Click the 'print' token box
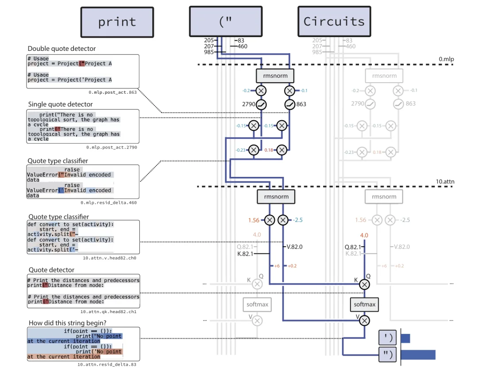tap(117, 22)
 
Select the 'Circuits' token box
tap(334, 22)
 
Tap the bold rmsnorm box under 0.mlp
tap(275, 76)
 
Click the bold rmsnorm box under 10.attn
tap(276, 197)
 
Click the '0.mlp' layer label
tap(446, 59)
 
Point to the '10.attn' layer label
tap(445, 181)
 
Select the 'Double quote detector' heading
tap(62, 49)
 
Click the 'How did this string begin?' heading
tap(67, 323)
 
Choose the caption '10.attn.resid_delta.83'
tap(107, 364)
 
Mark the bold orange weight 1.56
tap(254, 220)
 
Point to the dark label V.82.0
tap(295, 247)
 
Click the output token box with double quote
tap(387, 354)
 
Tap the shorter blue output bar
tap(405, 338)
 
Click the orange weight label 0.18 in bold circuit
tap(268, 150)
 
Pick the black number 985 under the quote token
tap(209, 52)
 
